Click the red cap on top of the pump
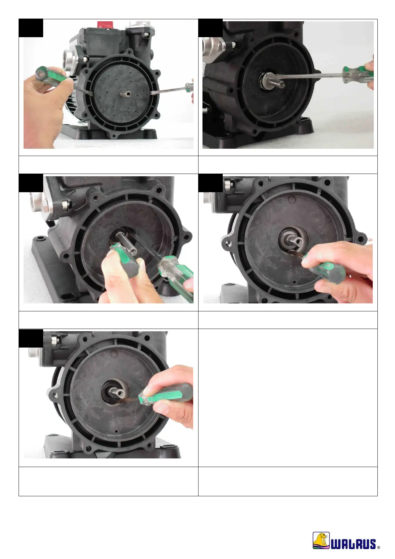tap(105, 25)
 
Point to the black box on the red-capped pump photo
tap(31, 28)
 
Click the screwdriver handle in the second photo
tap(357, 74)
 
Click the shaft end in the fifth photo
tap(121, 394)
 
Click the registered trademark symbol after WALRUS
tap(378, 547)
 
